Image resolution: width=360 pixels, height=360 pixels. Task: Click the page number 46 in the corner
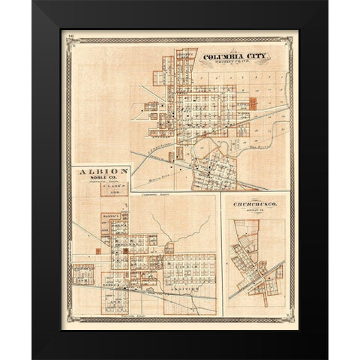(x=70, y=34)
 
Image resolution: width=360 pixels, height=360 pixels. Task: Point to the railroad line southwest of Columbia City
(x=150, y=162)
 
